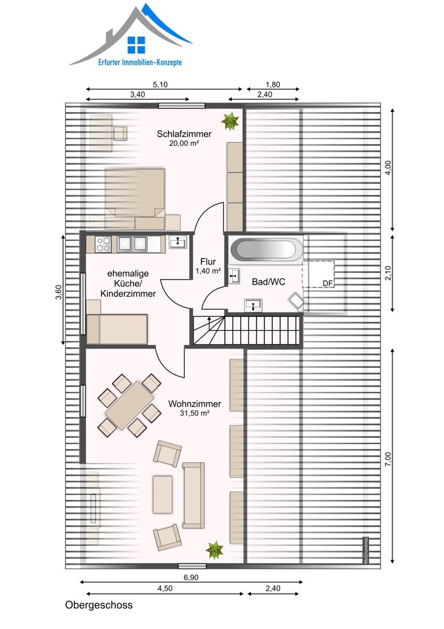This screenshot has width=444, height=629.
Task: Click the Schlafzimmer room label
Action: pos(184,134)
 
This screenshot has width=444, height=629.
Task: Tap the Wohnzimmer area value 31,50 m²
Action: pos(194,413)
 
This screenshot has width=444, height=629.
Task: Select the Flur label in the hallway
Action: pos(208,262)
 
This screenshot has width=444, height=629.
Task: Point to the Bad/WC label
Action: pos(269,282)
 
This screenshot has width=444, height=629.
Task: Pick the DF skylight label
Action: pos(328,284)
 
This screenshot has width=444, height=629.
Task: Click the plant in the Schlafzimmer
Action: pos(230,121)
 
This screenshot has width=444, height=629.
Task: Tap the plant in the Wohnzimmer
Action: pos(214,550)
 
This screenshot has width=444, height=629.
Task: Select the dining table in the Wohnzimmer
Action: pos(129,405)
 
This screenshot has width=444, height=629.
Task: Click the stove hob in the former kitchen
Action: pos(104,244)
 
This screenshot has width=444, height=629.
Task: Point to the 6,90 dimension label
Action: pos(191,577)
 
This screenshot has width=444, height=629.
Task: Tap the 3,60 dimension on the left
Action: pos(58,292)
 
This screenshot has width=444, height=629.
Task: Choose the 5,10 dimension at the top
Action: pos(160,85)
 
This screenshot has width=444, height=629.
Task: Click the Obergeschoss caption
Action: pos(99,605)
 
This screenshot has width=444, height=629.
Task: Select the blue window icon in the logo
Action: pos(136,45)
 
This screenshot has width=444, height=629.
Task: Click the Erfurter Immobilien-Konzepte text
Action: pos(140,62)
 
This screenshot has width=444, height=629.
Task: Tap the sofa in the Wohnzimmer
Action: pos(194,495)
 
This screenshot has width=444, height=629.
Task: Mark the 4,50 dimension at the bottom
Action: pos(165,589)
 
